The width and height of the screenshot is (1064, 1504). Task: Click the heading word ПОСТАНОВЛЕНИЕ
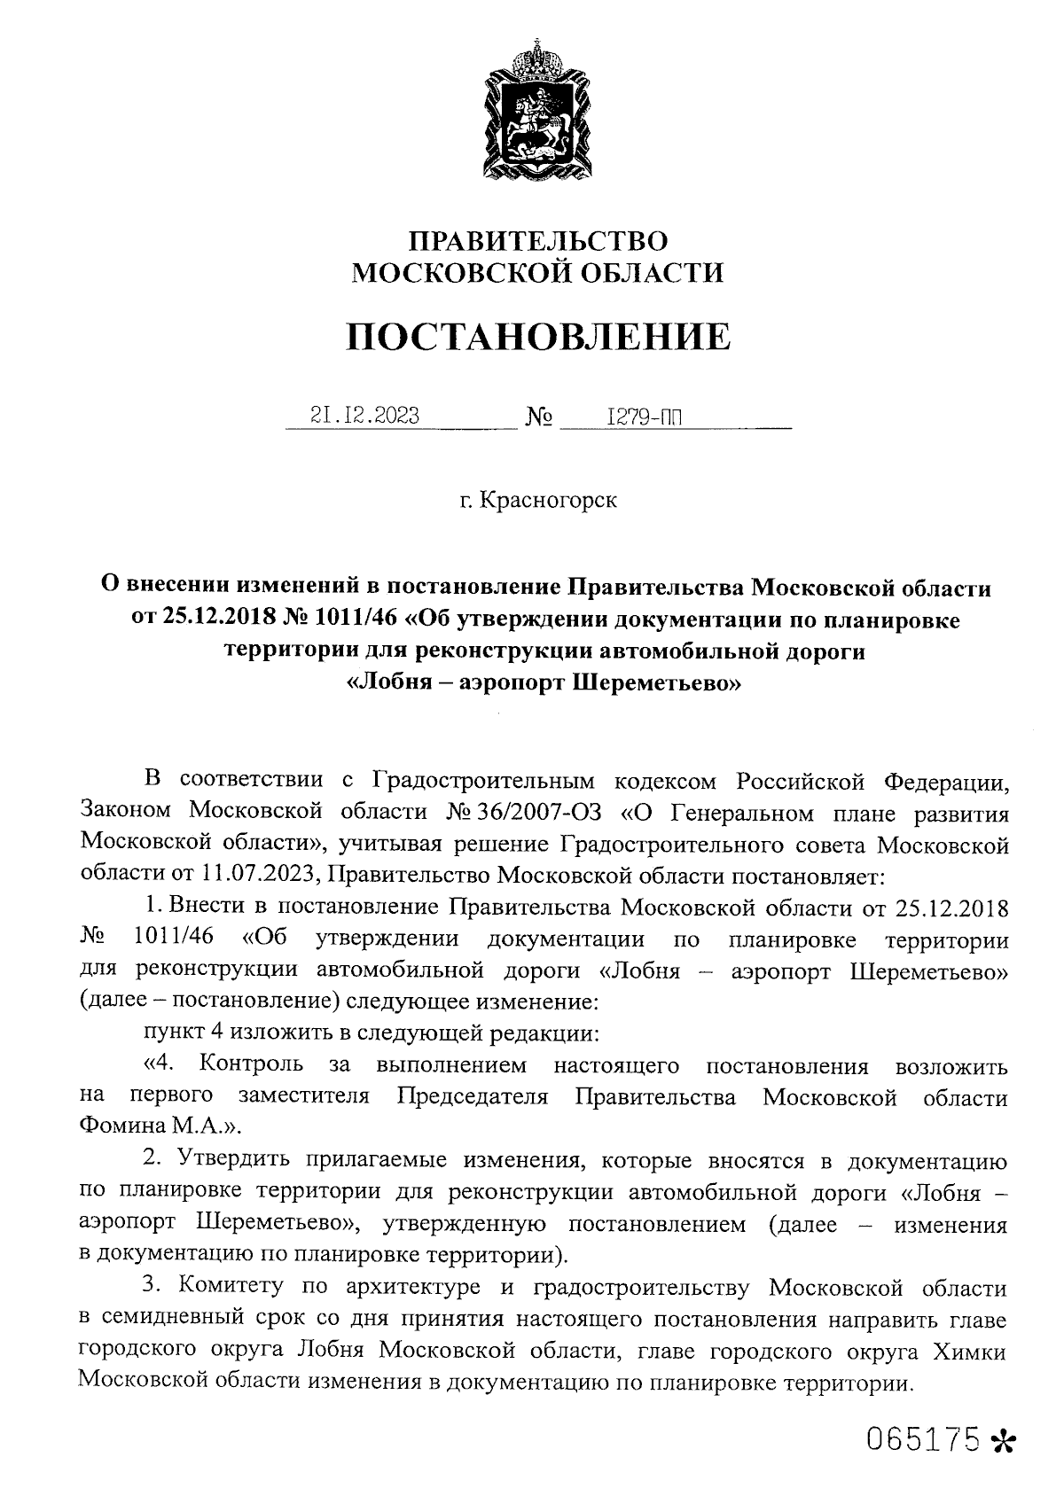point(537,337)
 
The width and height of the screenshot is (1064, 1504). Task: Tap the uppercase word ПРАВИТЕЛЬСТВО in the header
point(537,240)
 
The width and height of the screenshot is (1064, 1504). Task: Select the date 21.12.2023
point(364,416)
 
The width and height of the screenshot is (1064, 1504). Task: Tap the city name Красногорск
point(547,501)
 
